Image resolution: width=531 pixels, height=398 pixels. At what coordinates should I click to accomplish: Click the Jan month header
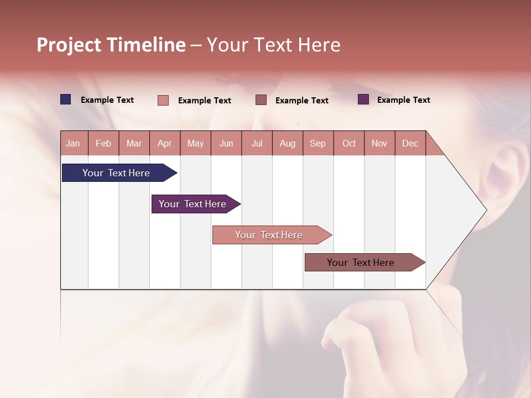[73, 143]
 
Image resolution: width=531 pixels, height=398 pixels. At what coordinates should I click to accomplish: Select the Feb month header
[103, 143]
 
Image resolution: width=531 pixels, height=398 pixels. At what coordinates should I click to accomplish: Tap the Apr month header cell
[164, 143]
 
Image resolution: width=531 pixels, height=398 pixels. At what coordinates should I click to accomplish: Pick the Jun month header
[226, 143]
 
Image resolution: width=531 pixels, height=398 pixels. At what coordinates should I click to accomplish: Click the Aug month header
[287, 143]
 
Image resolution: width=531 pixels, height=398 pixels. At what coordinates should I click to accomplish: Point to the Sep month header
[317, 143]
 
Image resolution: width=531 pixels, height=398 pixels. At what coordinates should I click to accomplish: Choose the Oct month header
[349, 143]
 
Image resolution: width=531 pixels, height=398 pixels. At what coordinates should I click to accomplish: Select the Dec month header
[410, 143]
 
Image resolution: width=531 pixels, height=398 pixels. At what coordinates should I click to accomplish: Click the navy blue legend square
[66, 99]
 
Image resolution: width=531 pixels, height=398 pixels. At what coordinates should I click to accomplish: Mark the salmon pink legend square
[163, 100]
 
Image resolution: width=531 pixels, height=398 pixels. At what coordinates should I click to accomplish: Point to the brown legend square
[261, 100]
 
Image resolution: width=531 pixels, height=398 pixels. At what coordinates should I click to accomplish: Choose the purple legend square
[363, 99]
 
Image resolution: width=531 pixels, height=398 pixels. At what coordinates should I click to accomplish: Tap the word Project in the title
[69, 45]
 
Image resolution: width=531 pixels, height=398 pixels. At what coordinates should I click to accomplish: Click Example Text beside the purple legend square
[403, 100]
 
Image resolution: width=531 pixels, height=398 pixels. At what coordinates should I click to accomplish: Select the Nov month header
[379, 143]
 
